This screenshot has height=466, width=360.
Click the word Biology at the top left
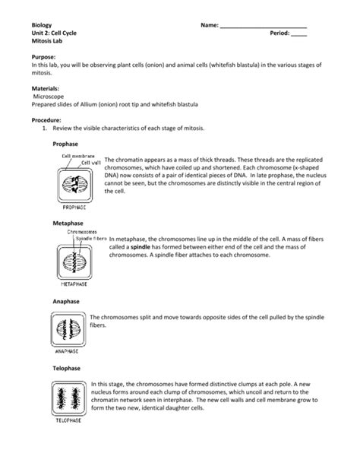point(33,26)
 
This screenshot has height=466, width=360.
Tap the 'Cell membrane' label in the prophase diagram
point(77,156)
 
